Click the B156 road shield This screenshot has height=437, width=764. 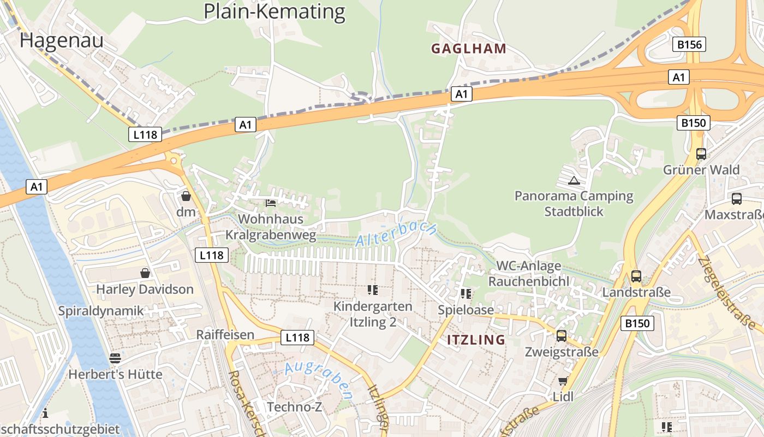[689, 44]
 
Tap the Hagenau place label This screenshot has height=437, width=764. [61, 40]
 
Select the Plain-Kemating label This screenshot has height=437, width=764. [274, 11]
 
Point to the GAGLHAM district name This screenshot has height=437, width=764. [469, 49]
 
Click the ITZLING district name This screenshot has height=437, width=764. [476, 340]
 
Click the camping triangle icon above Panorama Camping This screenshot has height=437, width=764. [574, 180]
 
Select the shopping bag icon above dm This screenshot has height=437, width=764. [186, 196]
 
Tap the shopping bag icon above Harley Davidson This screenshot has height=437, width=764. [145, 273]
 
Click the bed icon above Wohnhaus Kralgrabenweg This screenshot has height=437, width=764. [270, 203]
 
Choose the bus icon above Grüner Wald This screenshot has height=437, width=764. [701, 154]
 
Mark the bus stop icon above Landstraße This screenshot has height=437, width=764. [636, 276]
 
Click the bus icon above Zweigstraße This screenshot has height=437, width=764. [561, 336]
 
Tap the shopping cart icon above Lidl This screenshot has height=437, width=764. [563, 381]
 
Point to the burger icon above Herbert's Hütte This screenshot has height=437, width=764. [115, 358]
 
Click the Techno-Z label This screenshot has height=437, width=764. [294, 406]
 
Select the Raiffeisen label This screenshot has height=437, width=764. [225, 335]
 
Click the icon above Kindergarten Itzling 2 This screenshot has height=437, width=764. [373, 290]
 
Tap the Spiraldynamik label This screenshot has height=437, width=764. [101, 311]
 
